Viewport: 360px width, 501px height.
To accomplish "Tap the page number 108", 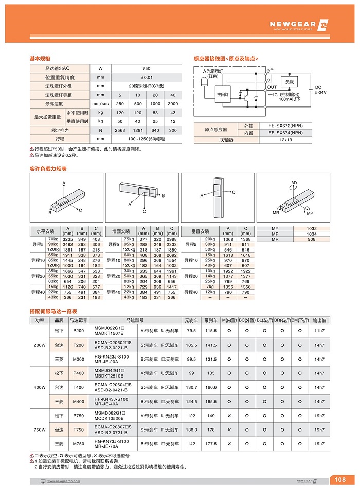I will pyautogui.click(x=340, y=480).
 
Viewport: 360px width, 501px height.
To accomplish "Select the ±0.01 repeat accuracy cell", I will pyautogui.click(x=146, y=77).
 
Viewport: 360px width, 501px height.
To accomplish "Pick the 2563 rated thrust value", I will pyautogui.click(x=120, y=130).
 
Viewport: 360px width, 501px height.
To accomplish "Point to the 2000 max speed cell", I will pyautogui.click(x=173, y=104).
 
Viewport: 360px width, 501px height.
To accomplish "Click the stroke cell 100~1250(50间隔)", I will pyautogui.click(x=146, y=139).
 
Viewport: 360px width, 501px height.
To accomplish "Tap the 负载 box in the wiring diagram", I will pyautogui.click(x=289, y=82).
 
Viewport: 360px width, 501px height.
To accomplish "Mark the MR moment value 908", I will pyautogui.click(x=311, y=239).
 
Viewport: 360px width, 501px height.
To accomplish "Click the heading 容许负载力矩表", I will pyautogui.click(x=48, y=168).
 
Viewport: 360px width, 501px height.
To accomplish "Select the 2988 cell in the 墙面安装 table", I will pyautogui.click(x=172, y=239).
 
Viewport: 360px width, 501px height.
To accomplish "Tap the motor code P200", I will pyautogui.click(x=79, y=331).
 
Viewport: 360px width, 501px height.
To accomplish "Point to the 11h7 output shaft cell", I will pyautogui.click(x=319, y=331).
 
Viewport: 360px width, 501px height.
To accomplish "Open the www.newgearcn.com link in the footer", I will pyautogui.click(x=63, y=481).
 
